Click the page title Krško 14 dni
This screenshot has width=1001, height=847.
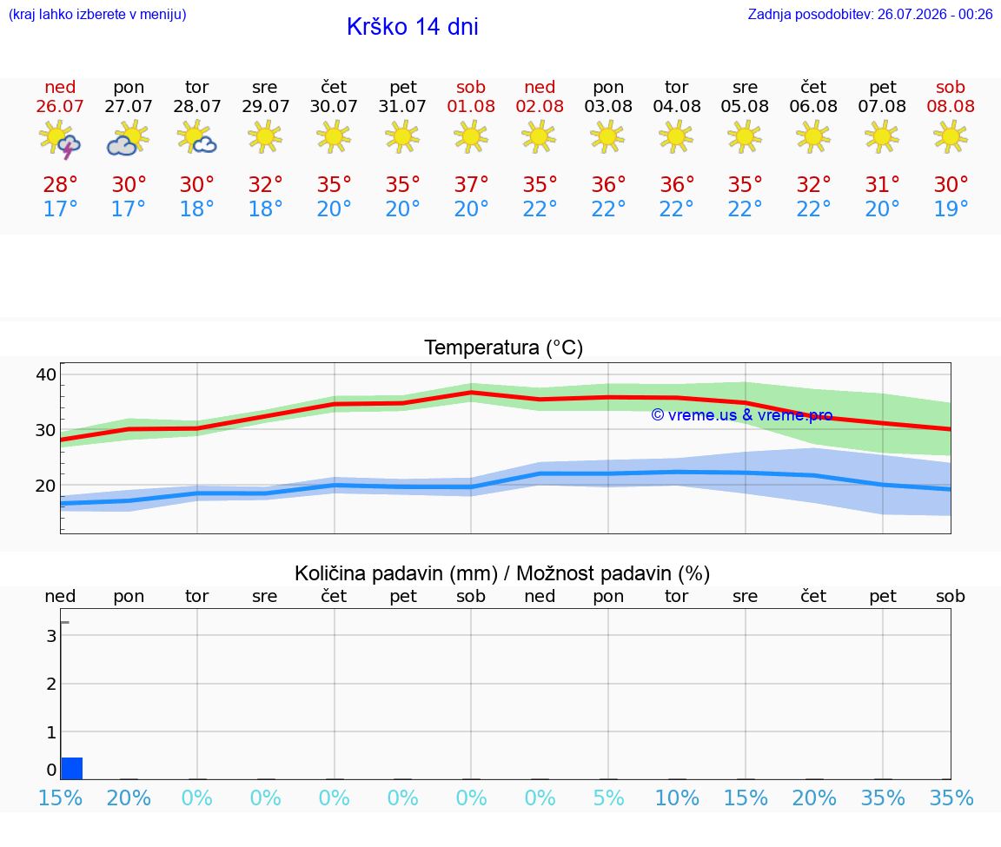413,27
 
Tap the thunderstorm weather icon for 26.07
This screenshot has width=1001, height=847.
59,138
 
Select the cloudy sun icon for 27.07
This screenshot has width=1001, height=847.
129,138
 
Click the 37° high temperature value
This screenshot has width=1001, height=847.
471,184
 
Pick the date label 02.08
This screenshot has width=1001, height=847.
540,106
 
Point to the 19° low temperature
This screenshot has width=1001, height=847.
951,208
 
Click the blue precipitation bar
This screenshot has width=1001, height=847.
72,769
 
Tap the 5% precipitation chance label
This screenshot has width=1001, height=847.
608,797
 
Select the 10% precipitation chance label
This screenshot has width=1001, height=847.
677,797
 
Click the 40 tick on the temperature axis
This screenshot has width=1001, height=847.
46,374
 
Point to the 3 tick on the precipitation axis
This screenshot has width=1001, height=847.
52,636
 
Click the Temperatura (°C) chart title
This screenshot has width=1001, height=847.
504,347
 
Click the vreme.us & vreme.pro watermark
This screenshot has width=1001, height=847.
741,415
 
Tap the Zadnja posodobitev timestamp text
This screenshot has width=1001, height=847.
870,14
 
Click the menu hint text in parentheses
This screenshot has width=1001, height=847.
97,14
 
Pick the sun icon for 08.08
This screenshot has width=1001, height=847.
951,137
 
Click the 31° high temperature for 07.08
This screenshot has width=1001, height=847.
882,184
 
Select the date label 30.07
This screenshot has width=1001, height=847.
334,106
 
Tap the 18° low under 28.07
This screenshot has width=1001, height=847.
196,208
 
